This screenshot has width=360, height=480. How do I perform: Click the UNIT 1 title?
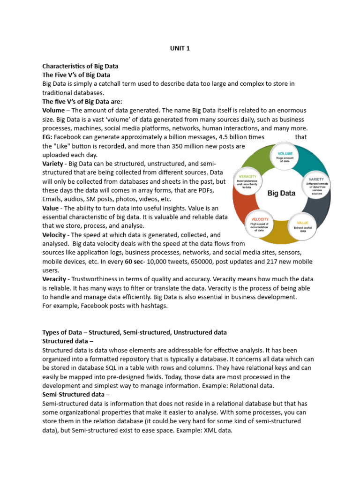pos(180,48)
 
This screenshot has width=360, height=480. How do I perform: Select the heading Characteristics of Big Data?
pos(80,66)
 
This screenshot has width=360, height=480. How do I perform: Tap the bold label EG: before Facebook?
pos(48,137)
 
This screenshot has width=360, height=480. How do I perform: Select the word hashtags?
pos(152,306)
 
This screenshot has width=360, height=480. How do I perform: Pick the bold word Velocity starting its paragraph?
pos(55,234)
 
